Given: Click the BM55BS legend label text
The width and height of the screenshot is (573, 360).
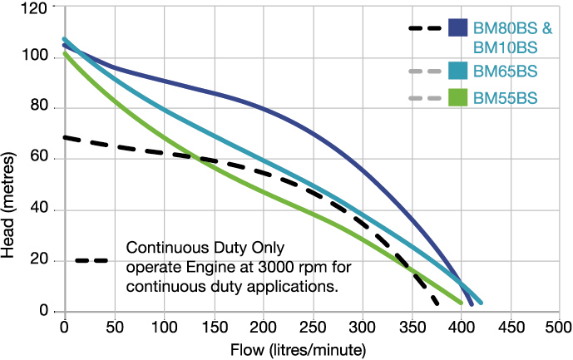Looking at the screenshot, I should [x=505, y=98].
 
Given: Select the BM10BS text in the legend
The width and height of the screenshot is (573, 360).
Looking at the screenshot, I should [x=504, y=47].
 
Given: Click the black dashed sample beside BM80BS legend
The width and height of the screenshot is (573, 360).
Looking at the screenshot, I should [x=425, y=28].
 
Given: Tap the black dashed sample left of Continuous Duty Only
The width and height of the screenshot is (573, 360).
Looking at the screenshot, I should [x=91, y=261].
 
